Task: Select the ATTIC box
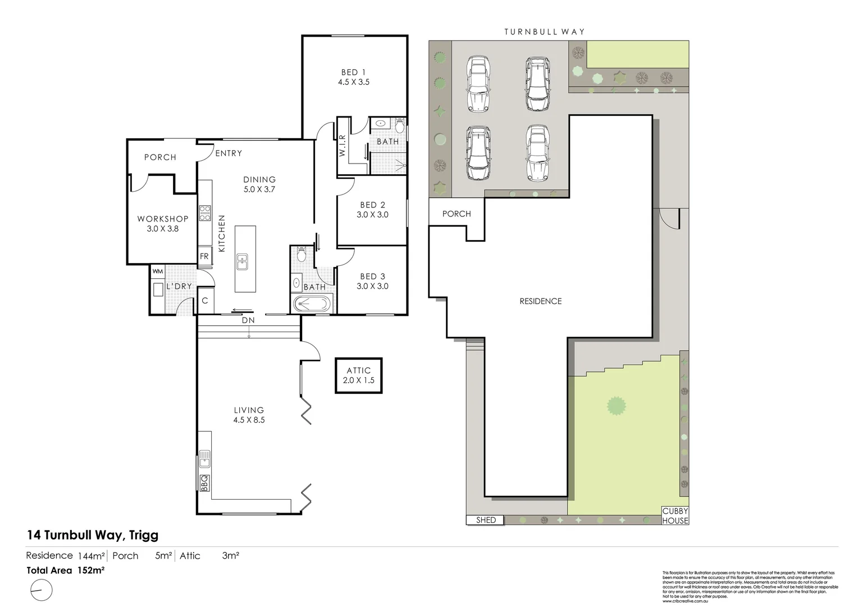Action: click(x=358, y=375)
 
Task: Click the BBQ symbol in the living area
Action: click(x=205, y=483)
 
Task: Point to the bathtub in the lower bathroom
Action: click(x=313, y=305)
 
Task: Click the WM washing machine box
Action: click(x=158, y=271)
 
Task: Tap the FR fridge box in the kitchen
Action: click(x=204, y=256)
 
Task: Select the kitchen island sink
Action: click(x=243, y=262)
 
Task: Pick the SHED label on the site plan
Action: click(x=486, y=520)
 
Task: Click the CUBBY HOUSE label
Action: click(x=674, y=516)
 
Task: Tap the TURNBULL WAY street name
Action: click(x=544, y=32)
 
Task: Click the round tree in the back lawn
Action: click(x=617, y=405)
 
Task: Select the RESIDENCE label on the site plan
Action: click(x=540, y=301)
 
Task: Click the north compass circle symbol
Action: click(x=41, y=591)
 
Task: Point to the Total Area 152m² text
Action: click(x=66, y=570)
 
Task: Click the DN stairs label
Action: click(x=248, y=321)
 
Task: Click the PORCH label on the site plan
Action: click(x=457, y=214)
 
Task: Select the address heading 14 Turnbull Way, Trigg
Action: click(x=92, y=535)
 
